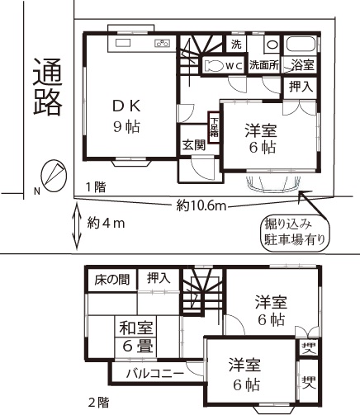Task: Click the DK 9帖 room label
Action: [x=127, y=116]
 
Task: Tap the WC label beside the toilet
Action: [x=234, y=66]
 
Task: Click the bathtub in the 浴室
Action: [x=301, y=45]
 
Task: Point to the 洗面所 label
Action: [x=264, y=65]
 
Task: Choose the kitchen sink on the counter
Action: [x=122, y=44]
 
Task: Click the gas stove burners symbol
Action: [x=162, y=43]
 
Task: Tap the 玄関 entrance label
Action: [x=194, y=144]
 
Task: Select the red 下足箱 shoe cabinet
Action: [x=214, y=127]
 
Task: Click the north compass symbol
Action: [x=54, y=176]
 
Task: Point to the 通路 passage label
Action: [x=47, y=87]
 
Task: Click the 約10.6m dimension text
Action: [x=201, y=205]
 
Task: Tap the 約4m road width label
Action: [x=107, y=224]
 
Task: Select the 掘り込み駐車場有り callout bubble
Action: [x=295, y=233]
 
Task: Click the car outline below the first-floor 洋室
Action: [x=274, y=182]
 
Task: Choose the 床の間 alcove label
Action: [x=111, y=280]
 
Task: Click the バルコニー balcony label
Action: [x=155, y=374]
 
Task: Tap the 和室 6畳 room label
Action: [x=136, y=337]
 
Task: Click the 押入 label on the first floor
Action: [x=301, y=87]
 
